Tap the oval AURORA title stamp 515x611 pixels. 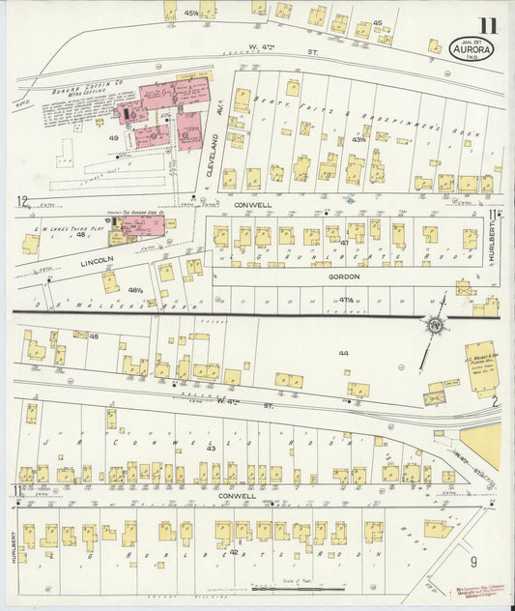coord(473,47)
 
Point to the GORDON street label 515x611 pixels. coord(343,276)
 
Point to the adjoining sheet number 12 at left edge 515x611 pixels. coord(21,201)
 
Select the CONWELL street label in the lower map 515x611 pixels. coord(237,496)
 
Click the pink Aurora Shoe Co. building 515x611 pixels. coord(141,228)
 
